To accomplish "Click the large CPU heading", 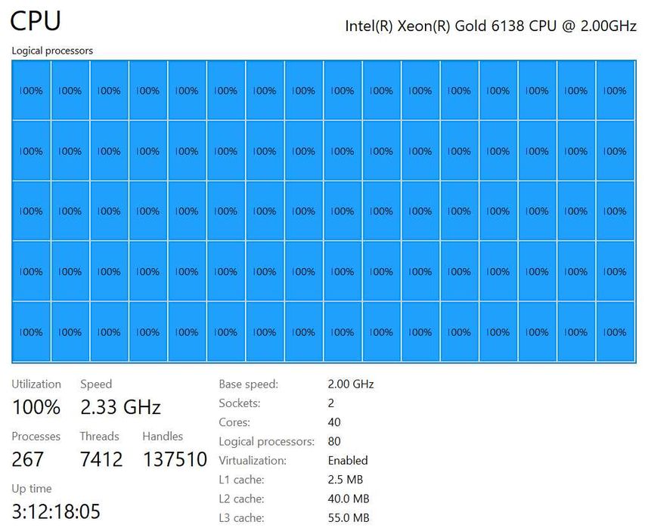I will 36,21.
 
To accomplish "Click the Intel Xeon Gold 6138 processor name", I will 491,25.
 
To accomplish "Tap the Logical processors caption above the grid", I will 52,51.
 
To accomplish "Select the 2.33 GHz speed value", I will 120,407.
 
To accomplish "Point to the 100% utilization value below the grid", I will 36,407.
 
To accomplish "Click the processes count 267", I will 28,459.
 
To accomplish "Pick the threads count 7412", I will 101,459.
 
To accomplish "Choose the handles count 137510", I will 175,459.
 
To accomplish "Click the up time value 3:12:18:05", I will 56,511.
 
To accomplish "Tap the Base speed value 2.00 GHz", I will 350,384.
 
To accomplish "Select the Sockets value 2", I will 331,403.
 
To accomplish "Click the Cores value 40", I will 334,422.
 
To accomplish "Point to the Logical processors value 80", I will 334,441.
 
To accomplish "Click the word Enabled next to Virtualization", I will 348,460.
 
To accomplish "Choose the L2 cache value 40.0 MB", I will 349,499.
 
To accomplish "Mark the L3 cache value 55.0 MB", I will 349,517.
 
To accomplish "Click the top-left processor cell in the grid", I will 31,91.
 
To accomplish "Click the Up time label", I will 32,489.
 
